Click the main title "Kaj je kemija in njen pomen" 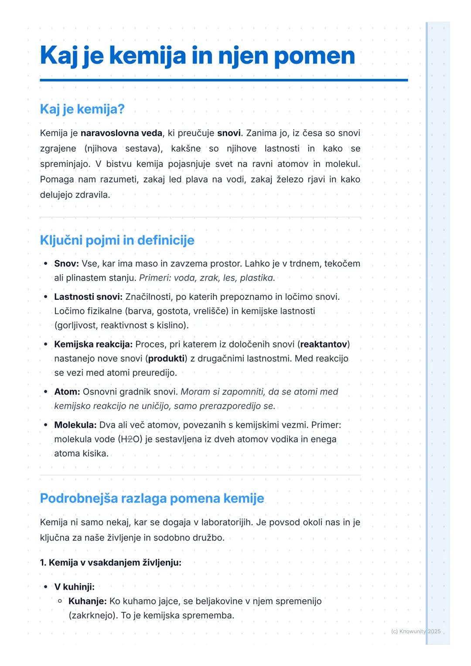197,56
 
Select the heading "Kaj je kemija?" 82,109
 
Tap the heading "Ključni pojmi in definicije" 117,240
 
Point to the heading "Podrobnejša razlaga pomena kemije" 152,498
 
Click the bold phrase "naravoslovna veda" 121,133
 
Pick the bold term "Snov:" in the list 66,264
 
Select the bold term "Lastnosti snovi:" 88,297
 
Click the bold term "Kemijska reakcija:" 93,344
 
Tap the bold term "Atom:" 67,392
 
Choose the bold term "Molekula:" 75,425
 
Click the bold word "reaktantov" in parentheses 324,344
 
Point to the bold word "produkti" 166,359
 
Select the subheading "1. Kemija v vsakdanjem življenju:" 110,563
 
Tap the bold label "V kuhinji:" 74,587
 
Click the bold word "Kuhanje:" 87,601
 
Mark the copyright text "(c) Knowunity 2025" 416,632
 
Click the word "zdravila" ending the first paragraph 92,195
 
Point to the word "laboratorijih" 226,522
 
